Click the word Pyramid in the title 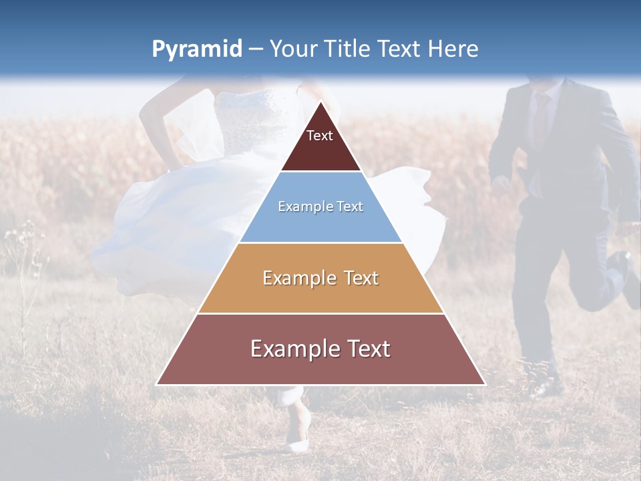[196, 49]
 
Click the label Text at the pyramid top [319, 136]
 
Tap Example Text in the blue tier [320, 206]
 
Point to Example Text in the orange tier [320, 278]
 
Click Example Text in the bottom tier [320, 349]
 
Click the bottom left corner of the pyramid [158, 384]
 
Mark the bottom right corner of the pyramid [484, 384]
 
